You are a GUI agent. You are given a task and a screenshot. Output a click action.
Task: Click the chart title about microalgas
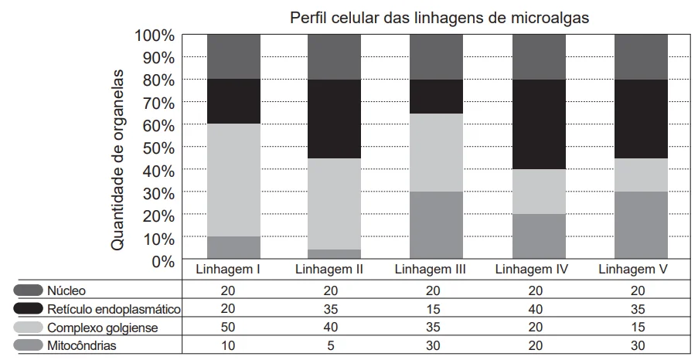(439, 17)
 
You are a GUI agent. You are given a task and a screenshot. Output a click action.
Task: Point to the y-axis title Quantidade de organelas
(117, 160)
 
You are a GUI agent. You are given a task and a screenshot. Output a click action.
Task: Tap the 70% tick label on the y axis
(158, 104)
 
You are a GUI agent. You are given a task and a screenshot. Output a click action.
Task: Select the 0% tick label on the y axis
(163, 262)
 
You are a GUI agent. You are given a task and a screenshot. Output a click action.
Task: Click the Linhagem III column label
(430, 269)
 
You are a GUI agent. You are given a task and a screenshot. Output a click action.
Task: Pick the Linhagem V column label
(633, 269)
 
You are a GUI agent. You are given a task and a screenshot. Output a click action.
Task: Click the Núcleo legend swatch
(28, 290)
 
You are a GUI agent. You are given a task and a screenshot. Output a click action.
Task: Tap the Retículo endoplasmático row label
(114, 309)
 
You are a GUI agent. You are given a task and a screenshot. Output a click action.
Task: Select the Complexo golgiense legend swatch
(28, 327)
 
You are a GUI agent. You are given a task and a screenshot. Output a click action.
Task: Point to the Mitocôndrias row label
(82, 345)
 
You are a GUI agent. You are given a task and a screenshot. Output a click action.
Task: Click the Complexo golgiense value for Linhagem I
(228, 327)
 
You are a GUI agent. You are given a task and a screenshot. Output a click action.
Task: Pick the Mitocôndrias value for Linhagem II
(330, 345)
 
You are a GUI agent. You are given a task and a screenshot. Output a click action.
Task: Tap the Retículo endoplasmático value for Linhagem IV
(536, 309)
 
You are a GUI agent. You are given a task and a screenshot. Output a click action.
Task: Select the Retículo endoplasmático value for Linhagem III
(433, 309)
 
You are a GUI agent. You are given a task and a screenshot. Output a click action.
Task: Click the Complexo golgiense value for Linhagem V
(638, 327)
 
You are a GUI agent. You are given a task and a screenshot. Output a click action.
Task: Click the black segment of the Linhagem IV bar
(539, 124)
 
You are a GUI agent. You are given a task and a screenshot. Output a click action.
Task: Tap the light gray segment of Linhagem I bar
(233, 180)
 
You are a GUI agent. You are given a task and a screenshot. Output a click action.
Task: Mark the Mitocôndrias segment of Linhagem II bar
(334, 253)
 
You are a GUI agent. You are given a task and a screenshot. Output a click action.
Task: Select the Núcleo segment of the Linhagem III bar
(436, 57)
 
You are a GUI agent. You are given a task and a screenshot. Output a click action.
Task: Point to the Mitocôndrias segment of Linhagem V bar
(641, 225)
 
